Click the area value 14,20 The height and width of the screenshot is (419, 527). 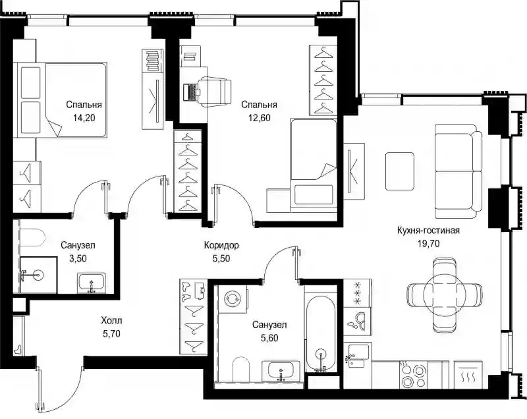(x=84, y=118)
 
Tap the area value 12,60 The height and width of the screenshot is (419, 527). (x=259, y=118)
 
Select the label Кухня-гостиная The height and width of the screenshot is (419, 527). (x=428, y=231)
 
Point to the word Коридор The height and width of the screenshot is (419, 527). (x=221, y=246)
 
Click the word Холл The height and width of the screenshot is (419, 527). (x=111, y=321)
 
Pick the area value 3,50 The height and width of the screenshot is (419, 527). (x=78, y=258)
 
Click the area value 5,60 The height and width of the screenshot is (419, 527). (x=269, y=338)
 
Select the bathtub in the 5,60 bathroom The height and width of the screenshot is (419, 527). (x=320, y=333)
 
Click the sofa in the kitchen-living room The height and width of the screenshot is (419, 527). (x=458, y=172)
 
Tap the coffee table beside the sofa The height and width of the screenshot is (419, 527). (x=399, y=171)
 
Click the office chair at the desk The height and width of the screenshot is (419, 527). (x=215, y=92)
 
